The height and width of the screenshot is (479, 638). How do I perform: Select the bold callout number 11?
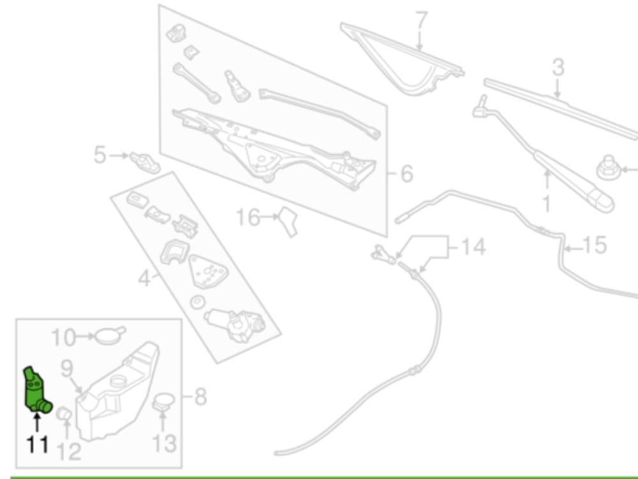coord(37,444)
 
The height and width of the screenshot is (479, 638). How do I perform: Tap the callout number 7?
coord(420,20)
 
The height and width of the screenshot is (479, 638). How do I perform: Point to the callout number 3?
coord(558,68)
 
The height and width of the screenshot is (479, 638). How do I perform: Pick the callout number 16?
coord(248,218)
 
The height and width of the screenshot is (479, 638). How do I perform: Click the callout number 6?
coord(406,173)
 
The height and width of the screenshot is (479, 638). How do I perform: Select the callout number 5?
coord(100,155)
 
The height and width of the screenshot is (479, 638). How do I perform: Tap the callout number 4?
coord(145,278)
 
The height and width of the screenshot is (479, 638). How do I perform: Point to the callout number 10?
coord(63,336)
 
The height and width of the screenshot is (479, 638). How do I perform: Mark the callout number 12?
coord(69,452)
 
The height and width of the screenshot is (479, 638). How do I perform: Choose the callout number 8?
coord(200,398)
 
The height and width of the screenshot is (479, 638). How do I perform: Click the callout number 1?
coord(546,204)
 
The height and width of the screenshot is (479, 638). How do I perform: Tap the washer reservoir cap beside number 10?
coord(110,334)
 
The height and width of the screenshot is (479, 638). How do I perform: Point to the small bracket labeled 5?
coord(144,162)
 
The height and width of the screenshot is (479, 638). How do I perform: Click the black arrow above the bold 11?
coord(37,421)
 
